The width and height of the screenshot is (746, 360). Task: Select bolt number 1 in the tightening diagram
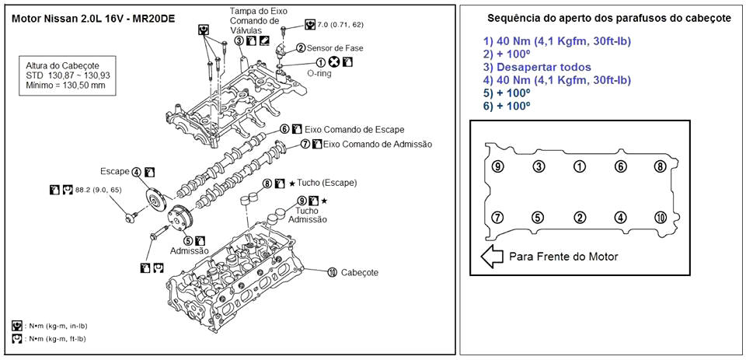[579, 166]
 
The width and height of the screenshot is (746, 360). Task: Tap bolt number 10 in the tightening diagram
[661, 218]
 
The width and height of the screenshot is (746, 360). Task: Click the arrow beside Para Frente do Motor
[492, 256]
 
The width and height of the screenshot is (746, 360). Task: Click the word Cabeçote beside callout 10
[360, 272]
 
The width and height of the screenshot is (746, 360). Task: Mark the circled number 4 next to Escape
[135, 172]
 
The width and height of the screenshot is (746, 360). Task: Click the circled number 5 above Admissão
[187, 241]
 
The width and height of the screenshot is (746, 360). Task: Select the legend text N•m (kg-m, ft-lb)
[55, 339]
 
